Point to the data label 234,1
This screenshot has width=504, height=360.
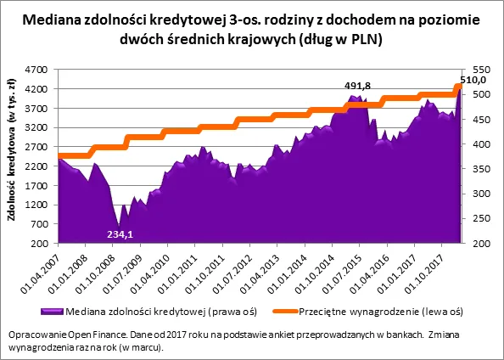[119, 233]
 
